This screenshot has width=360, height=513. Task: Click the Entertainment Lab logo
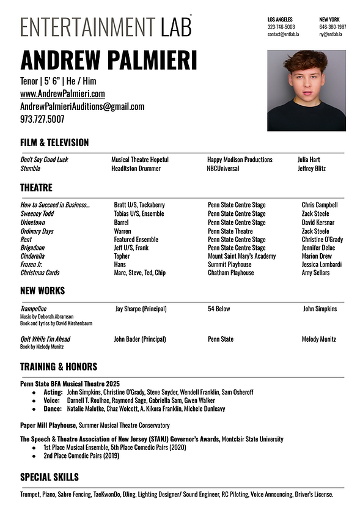[x=106, y=26]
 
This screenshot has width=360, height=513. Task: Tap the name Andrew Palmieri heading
[x=109, y=61]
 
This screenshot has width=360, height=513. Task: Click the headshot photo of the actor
[x=306, y=90]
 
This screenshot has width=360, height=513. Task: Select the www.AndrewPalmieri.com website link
[x=62, y=94]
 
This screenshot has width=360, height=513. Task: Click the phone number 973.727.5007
[x=42, y=119]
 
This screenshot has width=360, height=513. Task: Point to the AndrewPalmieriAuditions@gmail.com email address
[x=82, y=106]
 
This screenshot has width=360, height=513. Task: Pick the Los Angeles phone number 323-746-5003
[x=281, y=27]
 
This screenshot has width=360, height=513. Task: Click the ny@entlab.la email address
[x=331, y=34]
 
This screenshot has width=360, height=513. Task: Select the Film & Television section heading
[x=54, y=142]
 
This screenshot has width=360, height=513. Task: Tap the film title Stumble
[x=31, y=168]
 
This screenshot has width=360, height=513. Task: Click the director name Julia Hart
[x=309, y=160]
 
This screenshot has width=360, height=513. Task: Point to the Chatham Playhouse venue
[x=230, y=273]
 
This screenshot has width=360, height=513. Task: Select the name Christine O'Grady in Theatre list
[x=322, y=239]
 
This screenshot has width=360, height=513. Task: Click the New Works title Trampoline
[x=34, y=309]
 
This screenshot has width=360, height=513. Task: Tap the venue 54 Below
[x=219, y=309]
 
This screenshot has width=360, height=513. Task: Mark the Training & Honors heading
[x=59, y=367]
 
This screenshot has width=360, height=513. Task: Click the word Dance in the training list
[x=53, y=408]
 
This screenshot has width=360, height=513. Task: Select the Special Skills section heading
[x=50, y=476]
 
